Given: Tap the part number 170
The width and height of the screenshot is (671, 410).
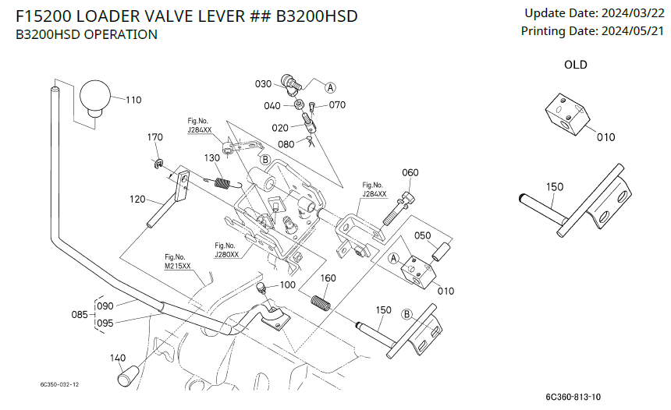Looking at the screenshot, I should pyautogui.click(x=155, y=138).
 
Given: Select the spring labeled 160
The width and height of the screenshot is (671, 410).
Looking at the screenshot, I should pyautogui.click(x=321, y=301).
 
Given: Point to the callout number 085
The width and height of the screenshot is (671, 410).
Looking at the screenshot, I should pyautogui.click(x=80, y=315).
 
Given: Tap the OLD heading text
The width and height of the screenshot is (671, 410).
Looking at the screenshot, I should pyautogui.click(x=576, y=65).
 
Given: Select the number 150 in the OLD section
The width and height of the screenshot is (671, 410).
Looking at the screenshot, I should pyautogui.click(x=555, y=187).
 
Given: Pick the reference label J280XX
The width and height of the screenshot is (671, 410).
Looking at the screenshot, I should pyautogui.click(x=227, y=254).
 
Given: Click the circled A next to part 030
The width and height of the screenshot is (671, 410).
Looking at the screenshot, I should pyautogui.click(x=331, y=87).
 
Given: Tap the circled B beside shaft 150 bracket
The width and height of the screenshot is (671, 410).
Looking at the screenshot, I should pyautogui.click(x=407, y=314).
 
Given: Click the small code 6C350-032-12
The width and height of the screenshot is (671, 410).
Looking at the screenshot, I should pyautogui.click(x=60, y=384).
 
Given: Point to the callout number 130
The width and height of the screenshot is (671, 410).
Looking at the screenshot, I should pyautogui.click(x=212, y=158).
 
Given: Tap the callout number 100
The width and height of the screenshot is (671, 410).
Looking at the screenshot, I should pyautogui.click(x=287, y=285).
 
